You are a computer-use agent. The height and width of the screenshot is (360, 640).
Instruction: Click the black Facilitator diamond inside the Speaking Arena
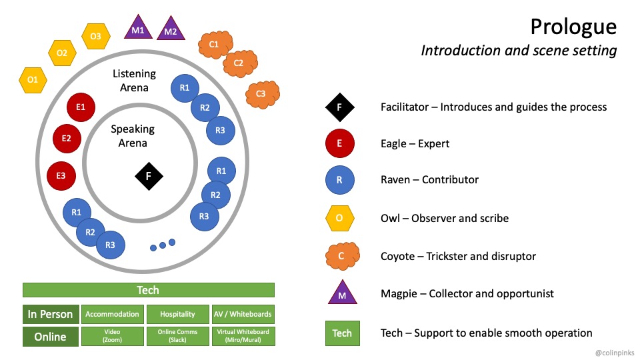149,176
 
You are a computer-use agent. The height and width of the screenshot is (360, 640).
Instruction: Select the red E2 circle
67,139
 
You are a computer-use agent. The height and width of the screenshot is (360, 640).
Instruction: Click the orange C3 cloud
261,93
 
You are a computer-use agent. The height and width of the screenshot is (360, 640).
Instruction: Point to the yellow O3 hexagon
95,36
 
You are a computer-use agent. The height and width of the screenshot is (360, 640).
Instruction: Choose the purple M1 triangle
138,28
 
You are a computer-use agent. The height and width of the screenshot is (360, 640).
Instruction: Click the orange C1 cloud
214,45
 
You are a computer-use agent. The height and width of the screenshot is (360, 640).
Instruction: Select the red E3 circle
61,175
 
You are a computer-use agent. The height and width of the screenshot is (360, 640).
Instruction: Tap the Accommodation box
112,314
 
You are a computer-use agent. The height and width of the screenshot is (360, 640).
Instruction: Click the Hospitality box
178,314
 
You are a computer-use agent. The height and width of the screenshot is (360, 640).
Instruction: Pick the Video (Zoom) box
112,336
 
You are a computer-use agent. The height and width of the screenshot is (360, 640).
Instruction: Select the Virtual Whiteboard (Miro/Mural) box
243,336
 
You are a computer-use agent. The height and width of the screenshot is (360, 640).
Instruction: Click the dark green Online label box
50,337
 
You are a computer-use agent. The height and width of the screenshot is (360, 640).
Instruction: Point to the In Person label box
50,314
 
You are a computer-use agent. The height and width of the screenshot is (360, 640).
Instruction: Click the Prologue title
573,27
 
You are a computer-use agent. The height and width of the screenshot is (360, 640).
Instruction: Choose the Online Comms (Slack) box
178,336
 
